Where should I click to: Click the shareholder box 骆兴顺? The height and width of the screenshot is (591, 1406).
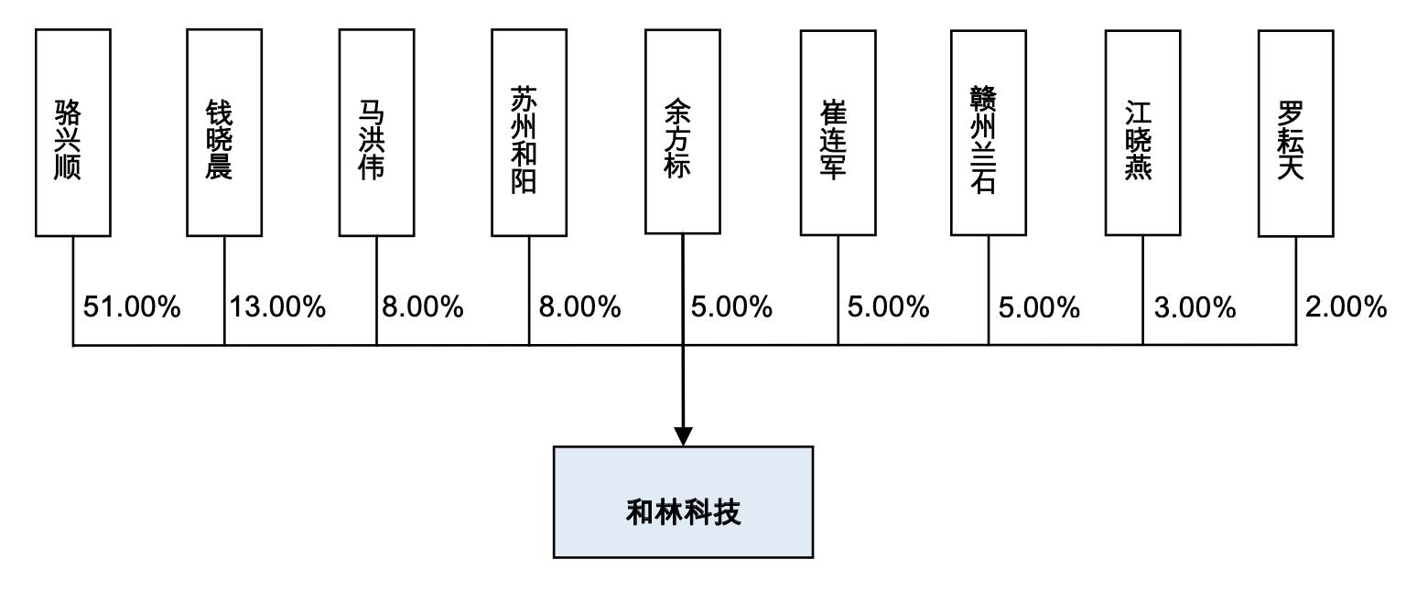pos(73,133)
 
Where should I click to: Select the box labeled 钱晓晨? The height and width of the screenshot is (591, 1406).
pos(224,133)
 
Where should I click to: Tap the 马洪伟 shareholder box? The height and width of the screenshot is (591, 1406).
pos(376,133)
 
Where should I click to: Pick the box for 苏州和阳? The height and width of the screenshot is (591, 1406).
pos(528,133)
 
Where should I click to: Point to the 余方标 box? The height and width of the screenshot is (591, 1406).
pos(682,132)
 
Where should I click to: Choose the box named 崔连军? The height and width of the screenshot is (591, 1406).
pos(838,133)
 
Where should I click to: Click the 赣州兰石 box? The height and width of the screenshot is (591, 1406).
pos(988,133)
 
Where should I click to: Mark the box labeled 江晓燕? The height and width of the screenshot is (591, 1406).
pos(1142,133)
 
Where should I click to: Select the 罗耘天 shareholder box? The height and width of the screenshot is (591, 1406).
pos(1295,134)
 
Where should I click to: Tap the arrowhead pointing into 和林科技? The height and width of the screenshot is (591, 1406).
pos(682,435)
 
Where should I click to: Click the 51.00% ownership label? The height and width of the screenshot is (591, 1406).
pos(132,307)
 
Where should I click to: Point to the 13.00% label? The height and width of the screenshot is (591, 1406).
pos(277,307)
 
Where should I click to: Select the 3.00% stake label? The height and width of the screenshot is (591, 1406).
pos(1195,308)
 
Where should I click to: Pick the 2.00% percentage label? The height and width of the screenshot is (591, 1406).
pos(1347,307)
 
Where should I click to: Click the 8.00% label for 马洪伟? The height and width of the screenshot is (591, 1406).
pos(423,307)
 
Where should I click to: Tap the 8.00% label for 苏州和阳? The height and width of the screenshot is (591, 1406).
pos(579,307)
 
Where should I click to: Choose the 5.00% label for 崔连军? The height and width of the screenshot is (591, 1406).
pos(888,307)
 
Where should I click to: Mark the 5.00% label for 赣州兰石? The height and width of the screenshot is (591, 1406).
pos(1039,308)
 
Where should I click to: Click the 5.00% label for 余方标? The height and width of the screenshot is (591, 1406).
pos(731,307)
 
